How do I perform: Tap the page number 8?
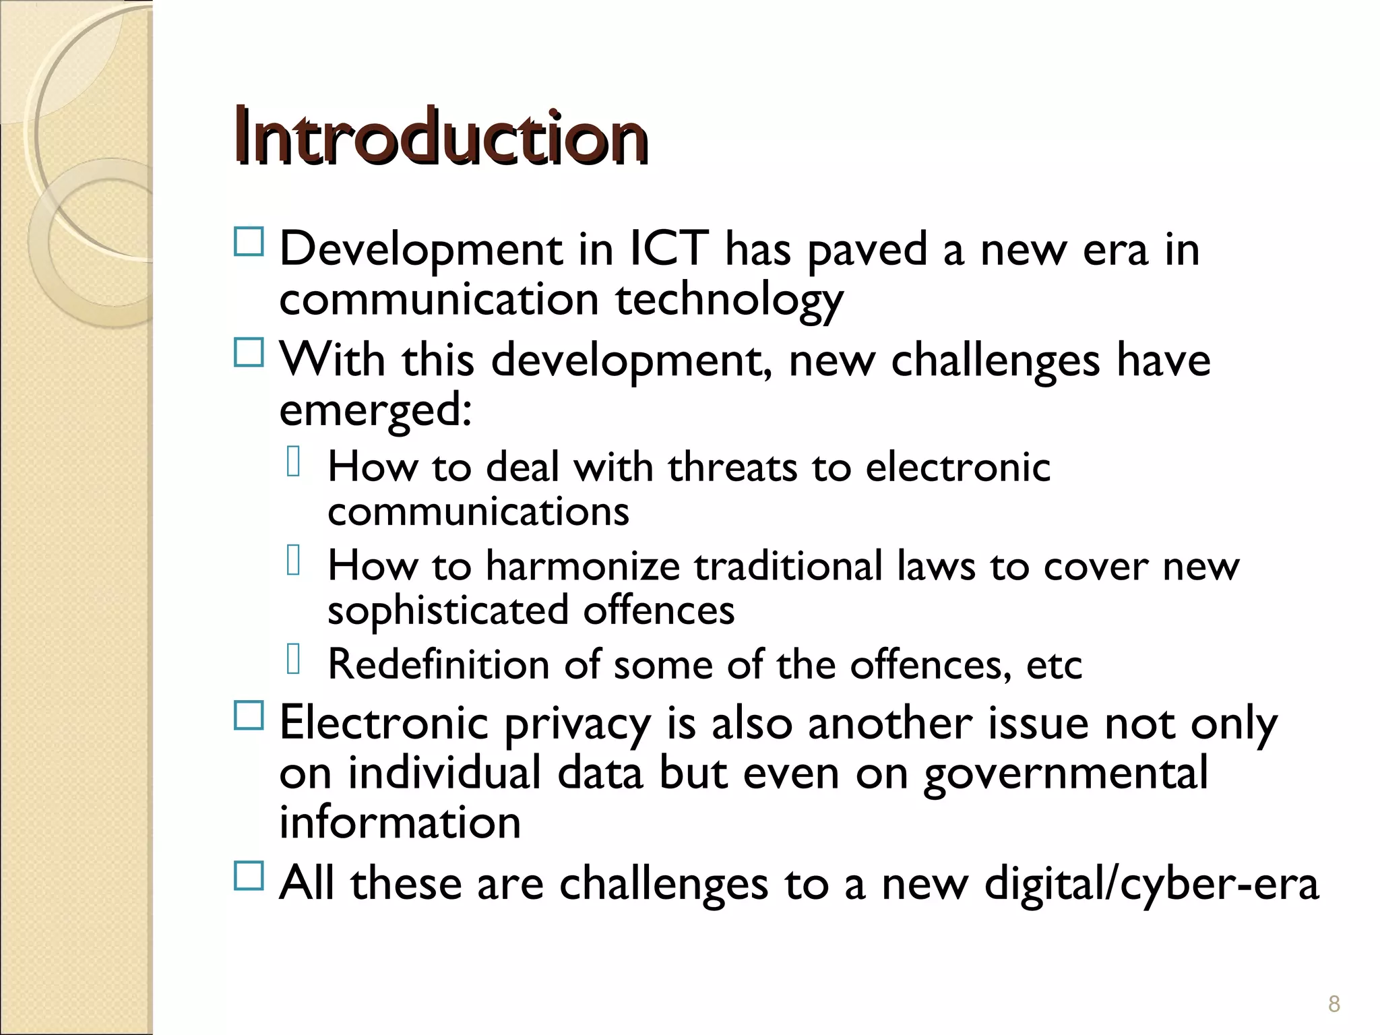[x=1334, y=1004]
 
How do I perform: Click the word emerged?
[x=375, y=411]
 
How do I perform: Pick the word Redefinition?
[x=439, y=664]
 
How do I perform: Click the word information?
[x=400, y=823]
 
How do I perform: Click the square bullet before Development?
[x=249, y=241]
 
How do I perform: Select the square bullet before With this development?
[x=249, y=352]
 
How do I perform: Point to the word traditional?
[x=788, y=565]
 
